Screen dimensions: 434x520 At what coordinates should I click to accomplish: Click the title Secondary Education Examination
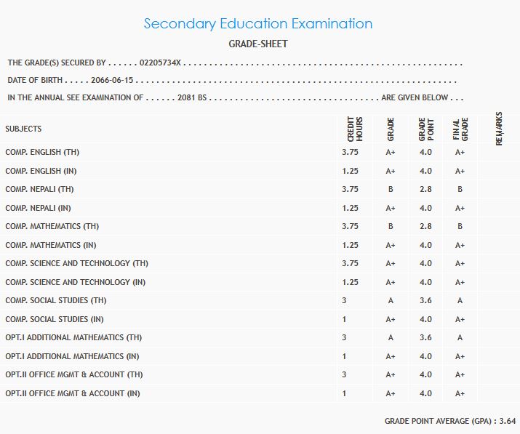tap(258, 23)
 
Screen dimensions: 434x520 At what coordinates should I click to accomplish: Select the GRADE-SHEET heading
tap(258, 44)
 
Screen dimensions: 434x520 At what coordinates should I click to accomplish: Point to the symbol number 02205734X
tap(180, 63)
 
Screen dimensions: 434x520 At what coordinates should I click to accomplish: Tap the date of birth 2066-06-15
tap(112, 80)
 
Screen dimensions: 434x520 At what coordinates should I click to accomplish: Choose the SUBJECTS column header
tap(23, 129)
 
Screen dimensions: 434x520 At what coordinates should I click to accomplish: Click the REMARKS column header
tap(499, 129)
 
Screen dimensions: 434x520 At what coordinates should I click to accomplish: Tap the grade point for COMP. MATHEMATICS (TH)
tap(425, 226)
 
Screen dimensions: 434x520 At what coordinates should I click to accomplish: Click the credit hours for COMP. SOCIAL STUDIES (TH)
tap(344, 300)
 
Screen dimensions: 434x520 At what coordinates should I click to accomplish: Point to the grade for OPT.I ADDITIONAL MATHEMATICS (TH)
tap(391, 337)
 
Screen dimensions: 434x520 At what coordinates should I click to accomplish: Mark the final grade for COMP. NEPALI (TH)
tap(460, 189)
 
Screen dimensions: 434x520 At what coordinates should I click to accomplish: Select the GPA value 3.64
tap(508, 421)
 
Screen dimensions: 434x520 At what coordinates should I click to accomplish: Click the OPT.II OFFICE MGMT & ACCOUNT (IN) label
tap(73, 393)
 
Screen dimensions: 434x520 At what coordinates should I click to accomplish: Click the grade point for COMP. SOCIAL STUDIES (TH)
tap(425, 300)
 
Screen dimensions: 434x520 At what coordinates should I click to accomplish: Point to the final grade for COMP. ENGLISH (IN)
tap(460, 171)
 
